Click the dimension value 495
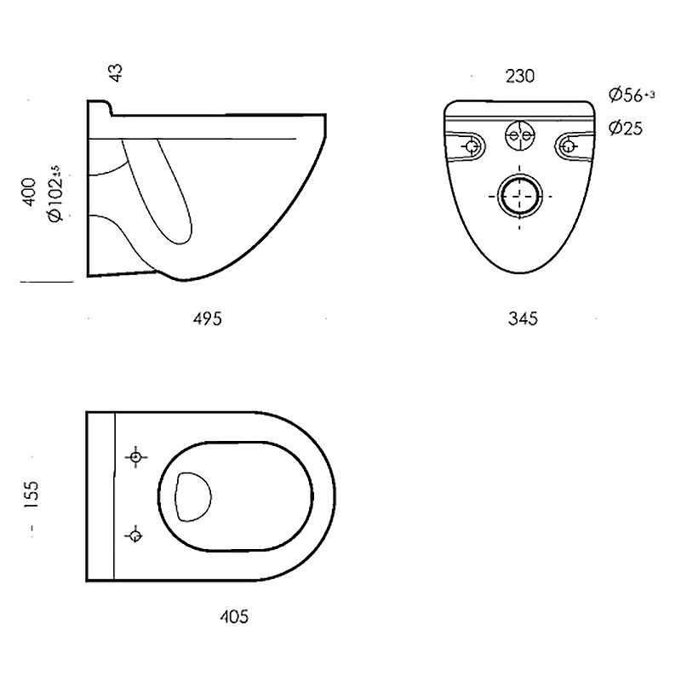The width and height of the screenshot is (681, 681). (x=207, y=319)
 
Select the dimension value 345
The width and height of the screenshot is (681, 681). (x=524, y=319)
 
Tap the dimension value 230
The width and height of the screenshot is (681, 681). (x=519, y=76)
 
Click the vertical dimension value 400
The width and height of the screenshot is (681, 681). (x=30, y=192)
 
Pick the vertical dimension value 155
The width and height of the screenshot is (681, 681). (x=31, y=495)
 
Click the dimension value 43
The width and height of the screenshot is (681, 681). (x=117, y=72)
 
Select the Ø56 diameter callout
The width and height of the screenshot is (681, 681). (x=631, y=94)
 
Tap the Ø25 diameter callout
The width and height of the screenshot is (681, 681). (x=625, y=129)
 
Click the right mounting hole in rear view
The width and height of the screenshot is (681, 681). (x=568, y=146)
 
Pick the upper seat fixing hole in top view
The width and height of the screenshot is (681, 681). (x=135, y=458)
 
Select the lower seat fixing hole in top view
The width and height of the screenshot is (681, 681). (x=134, y=535)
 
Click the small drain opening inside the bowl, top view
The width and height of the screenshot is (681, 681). (x=192, y=496)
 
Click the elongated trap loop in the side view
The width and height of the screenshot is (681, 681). (x=162, y=192)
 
